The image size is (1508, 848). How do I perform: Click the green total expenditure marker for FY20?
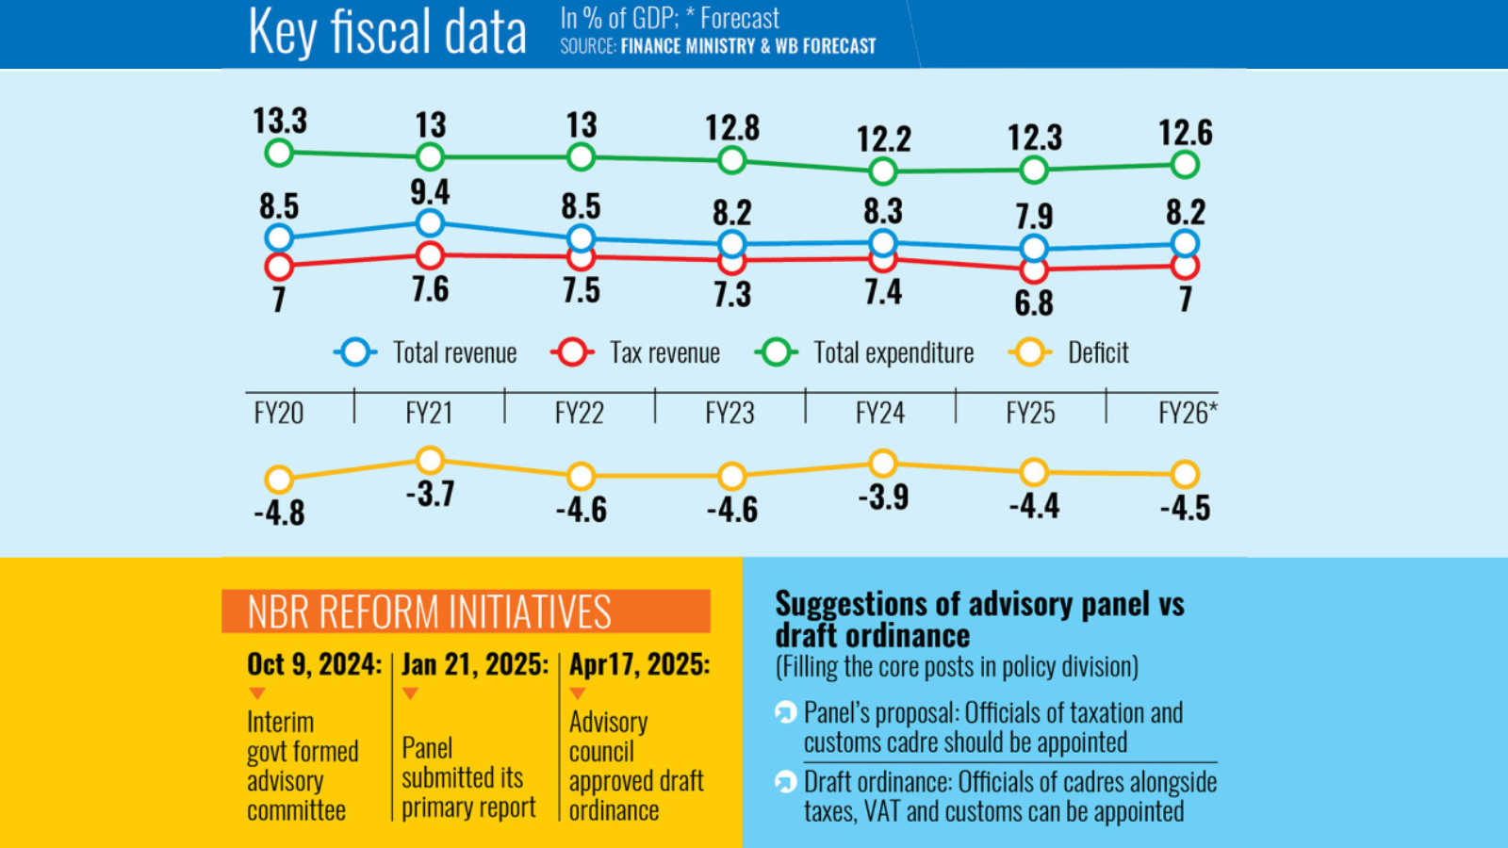tap(279, 153)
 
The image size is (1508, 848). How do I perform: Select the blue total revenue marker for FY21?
tap(430, 223)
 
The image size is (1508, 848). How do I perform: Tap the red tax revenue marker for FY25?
tap(1034, 270)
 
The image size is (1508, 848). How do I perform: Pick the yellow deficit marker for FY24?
tap(883, 463)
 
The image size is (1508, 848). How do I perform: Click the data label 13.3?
tap(280, 122)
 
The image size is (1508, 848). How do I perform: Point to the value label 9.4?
tap(430, 192)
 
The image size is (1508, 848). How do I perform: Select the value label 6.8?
tap(1034, 303)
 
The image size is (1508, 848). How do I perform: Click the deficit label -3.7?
tap(431, 494)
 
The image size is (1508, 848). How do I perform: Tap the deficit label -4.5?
tap(1185, 508)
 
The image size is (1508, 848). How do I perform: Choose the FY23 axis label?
tap(729, 413)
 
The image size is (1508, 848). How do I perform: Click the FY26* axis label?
tap(1187, 413)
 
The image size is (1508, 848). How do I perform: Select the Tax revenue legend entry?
tap(664, 353)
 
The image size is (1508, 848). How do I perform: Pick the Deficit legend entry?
tap(1097, 353)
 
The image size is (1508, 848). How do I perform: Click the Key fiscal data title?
tap(386, 32)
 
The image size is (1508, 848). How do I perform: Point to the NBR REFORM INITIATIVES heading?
tap(430, 612)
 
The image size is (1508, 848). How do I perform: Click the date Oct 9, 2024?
tap(314, 664)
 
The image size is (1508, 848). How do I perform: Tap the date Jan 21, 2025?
tap(475, 664)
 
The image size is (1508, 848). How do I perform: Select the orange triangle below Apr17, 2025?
tap(578, 693)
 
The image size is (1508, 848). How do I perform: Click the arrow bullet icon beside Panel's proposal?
tap(785, 712)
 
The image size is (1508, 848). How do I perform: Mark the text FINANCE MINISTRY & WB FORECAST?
tap(748, 46)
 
